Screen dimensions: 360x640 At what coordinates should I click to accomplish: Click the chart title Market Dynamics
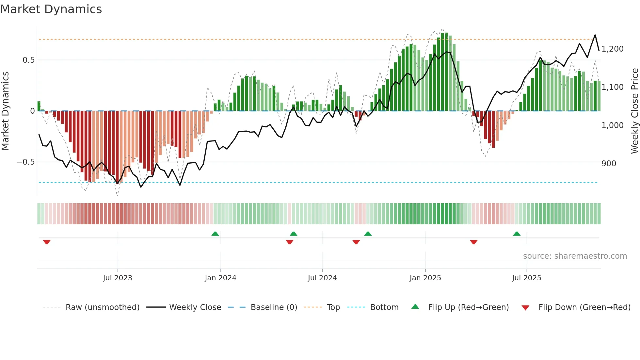point(51,9)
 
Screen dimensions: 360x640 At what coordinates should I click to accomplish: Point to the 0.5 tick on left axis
point(28,60)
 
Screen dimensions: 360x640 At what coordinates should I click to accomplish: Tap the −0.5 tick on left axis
point(26,162)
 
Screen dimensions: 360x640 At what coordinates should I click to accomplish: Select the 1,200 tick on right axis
point(612,49)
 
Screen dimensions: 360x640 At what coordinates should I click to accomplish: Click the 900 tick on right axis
point(609,164)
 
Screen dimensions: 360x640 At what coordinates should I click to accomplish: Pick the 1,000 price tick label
point(612,125)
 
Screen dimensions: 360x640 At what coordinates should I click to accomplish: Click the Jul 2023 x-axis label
point(118,278)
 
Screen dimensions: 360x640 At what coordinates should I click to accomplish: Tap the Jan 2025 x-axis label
point(425,278)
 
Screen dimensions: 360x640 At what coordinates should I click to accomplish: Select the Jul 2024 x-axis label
point(322,278)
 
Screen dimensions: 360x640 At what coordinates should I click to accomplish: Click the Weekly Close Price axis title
point(634,111)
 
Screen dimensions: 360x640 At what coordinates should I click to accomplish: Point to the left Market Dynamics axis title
point(5,111)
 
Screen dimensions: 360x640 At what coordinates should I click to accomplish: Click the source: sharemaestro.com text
point(575,256)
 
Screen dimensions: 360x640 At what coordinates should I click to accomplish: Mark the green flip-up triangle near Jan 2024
point(215,234)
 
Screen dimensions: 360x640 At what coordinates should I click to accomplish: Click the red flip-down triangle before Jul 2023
point(47,242)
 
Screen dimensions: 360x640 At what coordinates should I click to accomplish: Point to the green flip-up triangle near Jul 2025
point(517,234)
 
